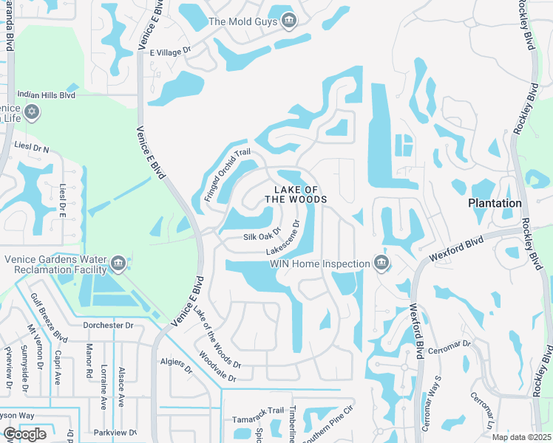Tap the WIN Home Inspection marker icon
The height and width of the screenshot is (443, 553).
[x=381, y=264]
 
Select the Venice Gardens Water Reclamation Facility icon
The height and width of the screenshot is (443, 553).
[x=118, y=264]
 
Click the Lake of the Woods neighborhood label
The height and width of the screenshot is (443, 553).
[x=296, y=195]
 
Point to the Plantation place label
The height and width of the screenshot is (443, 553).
[x=495, y=202]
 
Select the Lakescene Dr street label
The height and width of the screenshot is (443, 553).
[x=284, y=238]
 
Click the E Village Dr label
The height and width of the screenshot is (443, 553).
[x=171, y=52]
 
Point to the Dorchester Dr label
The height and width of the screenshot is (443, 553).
[x=108, y=325]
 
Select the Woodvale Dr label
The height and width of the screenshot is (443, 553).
[x=217, y=366]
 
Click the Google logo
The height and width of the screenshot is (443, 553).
[x=24, y=434]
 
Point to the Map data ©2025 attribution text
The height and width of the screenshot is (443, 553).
[x=520, y=437]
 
